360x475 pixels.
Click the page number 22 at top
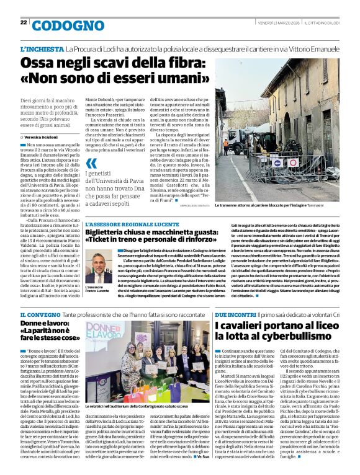pos(24,22)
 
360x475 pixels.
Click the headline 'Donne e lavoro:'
pos(46,324)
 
